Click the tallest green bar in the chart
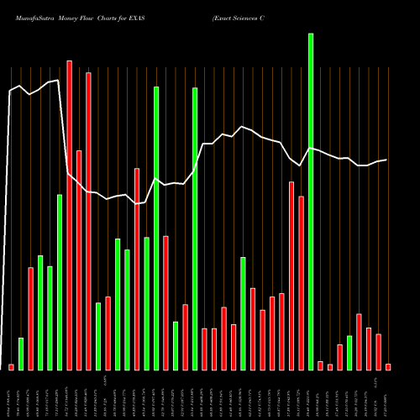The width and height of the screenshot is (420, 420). click(x=311, y=202)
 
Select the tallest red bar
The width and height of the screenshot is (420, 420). click(x=70, y=215)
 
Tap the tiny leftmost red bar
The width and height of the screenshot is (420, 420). click(x=11, y=367)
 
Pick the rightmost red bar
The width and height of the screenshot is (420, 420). click(x=388, y=367)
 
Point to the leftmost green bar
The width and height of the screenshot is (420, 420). click(x=21, y=354)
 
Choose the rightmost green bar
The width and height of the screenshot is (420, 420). click(x=349, y=353)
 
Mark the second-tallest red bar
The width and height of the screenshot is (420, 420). click(x=88, y=221)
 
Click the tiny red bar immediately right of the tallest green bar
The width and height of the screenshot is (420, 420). click(x=320, y=365)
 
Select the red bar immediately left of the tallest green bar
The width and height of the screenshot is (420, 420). click(x=301, y=283)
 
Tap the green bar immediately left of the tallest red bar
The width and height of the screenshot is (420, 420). click(x=60, y=282)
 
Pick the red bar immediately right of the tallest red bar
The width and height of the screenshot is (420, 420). click(x=79, y=260)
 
